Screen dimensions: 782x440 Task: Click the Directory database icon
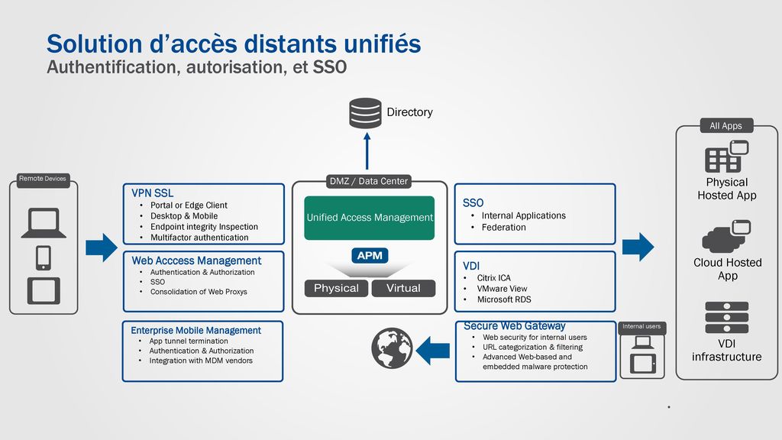[x=365, y=113]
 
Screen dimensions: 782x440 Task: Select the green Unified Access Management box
[x=369, y=218]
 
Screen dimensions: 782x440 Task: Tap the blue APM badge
[x=370, y=255]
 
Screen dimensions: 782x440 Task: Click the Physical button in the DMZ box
[x=336, y=288]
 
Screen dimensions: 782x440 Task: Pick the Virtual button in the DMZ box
[x=403, y=288]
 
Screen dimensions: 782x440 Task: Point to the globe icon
[x=392, y=348]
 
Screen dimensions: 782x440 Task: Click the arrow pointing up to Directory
[x=367, y=150]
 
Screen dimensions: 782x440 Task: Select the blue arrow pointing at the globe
[x=432, y=350]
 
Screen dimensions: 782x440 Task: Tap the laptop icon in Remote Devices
[x=44, y=223]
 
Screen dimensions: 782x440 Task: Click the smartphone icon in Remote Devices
[x=44, y=258]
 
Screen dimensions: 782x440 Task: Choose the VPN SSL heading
[x=153, y=193]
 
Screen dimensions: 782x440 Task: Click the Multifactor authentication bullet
[x=199, y=238]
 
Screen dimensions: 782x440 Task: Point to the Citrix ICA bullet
[x=494, y=278]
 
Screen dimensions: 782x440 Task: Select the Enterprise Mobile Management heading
[x=195, y=330]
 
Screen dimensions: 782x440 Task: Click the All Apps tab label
[x=725, y=126]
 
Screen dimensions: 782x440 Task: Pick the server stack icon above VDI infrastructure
[x=727, y=317]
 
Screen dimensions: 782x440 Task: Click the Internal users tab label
[x=641, y=326]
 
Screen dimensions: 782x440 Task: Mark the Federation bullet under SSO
[x=504, y=228]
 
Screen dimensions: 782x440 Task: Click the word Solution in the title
[x=95, y=44]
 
